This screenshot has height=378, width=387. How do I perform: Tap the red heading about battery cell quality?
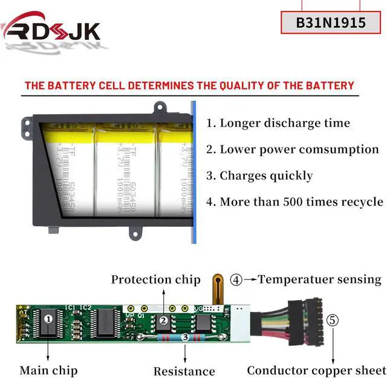coord(189,85)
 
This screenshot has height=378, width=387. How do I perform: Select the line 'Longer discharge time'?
coord(278,123)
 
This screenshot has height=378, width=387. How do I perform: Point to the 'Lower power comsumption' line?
coord(292,149)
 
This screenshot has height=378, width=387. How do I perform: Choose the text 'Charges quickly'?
coord(259,176)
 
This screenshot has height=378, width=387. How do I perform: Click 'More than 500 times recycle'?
coord(294,202)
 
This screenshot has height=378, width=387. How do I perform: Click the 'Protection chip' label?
coord(155,279)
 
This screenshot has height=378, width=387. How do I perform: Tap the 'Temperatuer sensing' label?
coord(319,279)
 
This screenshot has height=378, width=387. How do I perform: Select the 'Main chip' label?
coord(48,370)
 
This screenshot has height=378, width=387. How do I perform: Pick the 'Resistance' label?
coord(184,371)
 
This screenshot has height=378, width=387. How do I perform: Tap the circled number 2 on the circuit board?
coord(163,321)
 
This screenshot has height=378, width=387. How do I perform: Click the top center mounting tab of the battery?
coord(160,108)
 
